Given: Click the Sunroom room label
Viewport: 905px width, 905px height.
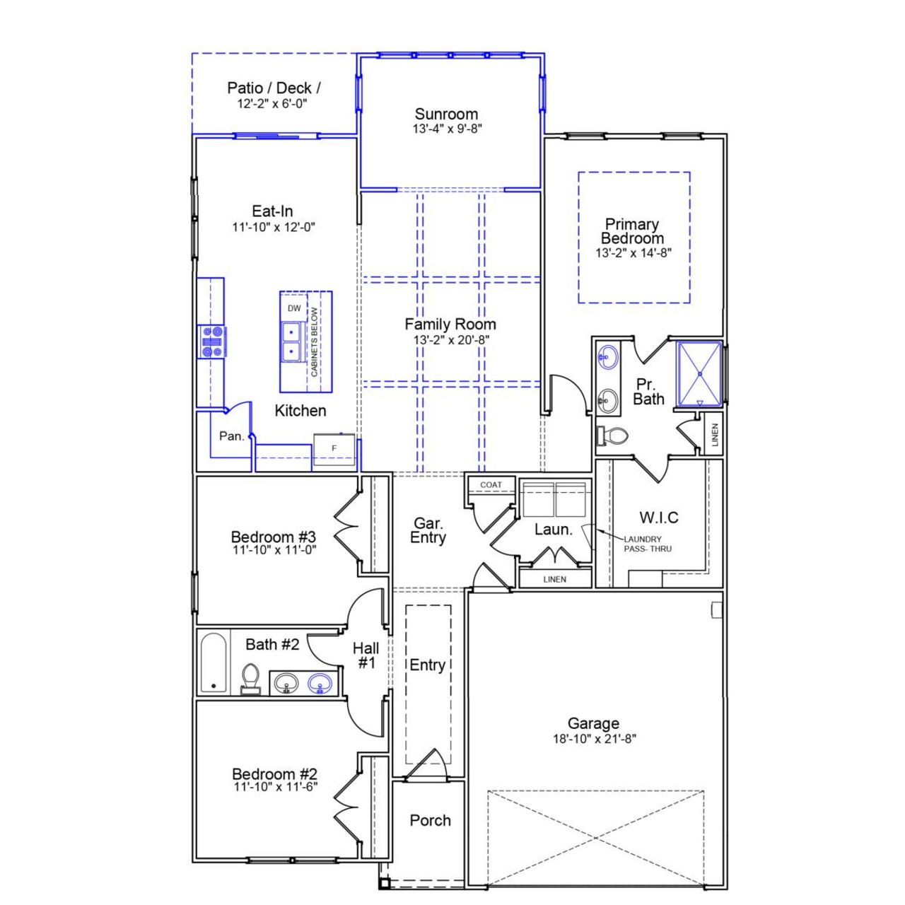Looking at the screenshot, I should point(446,114).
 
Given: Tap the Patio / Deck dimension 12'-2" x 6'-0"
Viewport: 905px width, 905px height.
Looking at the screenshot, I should point(272,104).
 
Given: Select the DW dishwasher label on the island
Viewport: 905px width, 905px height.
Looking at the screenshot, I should point(294,308).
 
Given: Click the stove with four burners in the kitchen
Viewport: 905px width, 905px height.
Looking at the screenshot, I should point(212,341).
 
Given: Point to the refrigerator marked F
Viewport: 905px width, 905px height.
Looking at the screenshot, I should point(334,448).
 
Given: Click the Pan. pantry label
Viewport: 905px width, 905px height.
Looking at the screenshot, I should point(231,436).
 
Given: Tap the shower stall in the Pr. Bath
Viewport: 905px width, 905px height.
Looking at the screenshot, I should point(699,374).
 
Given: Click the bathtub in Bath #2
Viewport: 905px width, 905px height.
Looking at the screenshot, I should point(213,662).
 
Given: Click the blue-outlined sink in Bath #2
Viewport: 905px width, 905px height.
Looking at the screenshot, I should point(320,684).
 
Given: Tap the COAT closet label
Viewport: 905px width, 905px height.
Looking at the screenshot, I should point(491,485).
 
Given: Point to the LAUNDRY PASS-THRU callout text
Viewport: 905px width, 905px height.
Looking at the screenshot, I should point(646,544).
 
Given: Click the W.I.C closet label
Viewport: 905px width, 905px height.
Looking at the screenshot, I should point(659,518).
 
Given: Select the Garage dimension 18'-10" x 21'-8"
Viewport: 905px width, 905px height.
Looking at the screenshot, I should point(594,739).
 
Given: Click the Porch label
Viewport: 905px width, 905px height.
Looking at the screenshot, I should point(430,820).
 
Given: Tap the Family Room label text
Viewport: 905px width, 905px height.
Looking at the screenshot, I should point(450,325).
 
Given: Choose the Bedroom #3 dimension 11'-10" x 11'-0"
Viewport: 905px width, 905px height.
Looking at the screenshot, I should point(274,550).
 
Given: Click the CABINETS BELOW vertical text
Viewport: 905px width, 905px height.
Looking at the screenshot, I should point(315,342).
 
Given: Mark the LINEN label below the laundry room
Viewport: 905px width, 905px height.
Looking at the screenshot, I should point(555,579).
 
